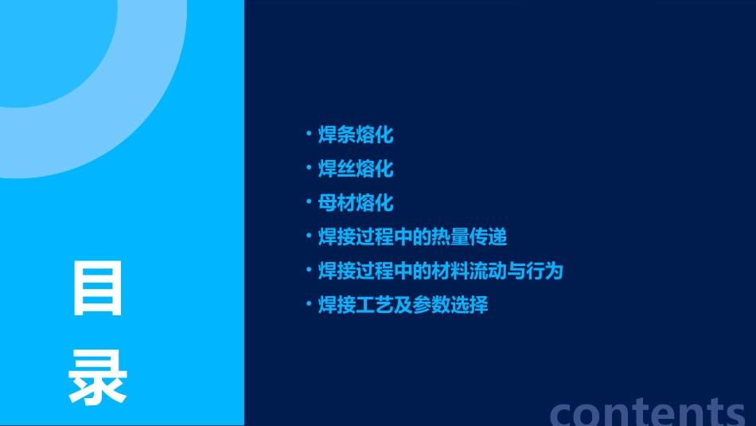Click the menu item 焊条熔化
tap(356, 135)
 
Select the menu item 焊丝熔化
tap(356, 169)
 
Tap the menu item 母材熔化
tap(356, 203)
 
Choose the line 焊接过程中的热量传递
tap(412, 237)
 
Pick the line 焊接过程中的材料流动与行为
tap(440, 271)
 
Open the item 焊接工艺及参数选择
tap(403, 305)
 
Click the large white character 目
tap(98, 288)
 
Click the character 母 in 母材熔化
tap(327, 203)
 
